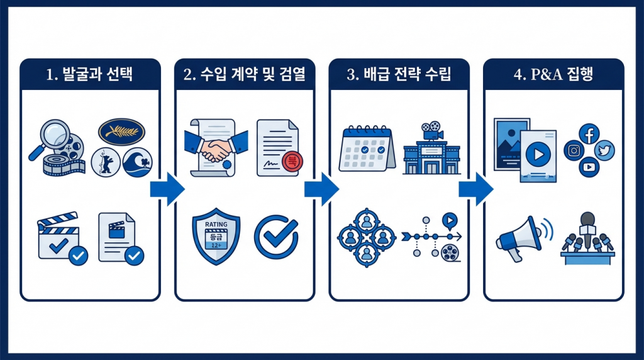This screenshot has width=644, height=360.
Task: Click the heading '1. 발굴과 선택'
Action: (x=90, y=74)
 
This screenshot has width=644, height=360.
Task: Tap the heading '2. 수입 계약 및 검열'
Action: (x=244, y=74)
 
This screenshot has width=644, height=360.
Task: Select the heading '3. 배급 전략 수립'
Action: (x=399, y=74)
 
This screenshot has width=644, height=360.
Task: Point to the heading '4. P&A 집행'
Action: (x=553, y=74)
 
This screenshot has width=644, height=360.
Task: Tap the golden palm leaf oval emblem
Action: (x=121, y=131)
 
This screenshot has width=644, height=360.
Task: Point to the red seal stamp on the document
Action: (x=291, y=162)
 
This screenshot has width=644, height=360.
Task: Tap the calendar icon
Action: (x=365, y=149)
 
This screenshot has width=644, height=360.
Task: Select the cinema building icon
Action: (x=432, y=149)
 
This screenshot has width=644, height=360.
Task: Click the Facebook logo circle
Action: (x=590, y=133)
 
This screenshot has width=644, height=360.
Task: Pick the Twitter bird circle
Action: (x=604, y=150)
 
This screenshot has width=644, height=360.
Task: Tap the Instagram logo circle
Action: (x=574, y=150)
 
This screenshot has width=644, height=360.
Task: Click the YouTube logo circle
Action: (x=589, y=167)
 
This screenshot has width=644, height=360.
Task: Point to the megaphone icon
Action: (x=520, y=237)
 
